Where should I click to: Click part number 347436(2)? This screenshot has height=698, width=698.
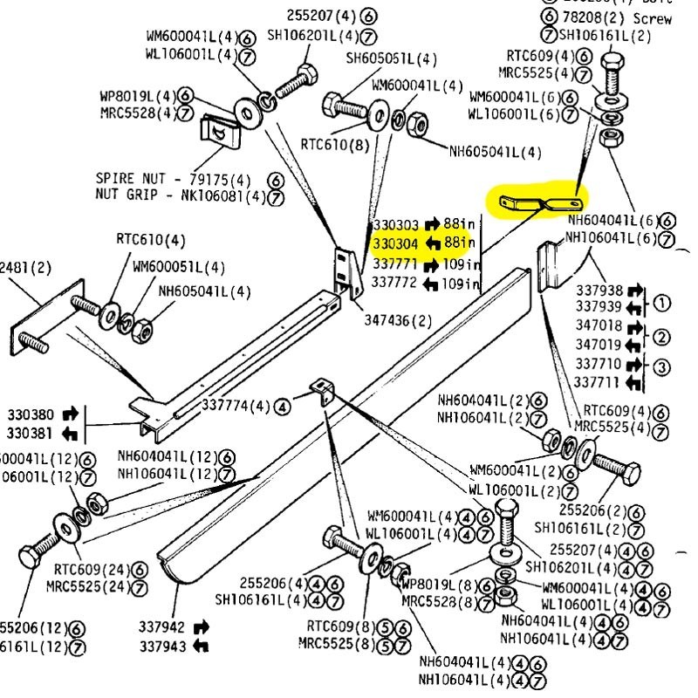[x=398, y=320]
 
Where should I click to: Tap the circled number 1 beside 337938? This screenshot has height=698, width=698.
[x=661, y=304]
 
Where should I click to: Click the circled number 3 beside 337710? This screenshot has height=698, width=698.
[x=661, y=366]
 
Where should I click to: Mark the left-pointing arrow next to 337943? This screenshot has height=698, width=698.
[x=201, y=646]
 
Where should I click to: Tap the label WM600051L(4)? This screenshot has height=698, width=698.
[x=179, y=266]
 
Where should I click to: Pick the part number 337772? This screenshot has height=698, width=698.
[x=396, y=284]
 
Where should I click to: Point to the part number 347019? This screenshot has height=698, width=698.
[x=599, y=345]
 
